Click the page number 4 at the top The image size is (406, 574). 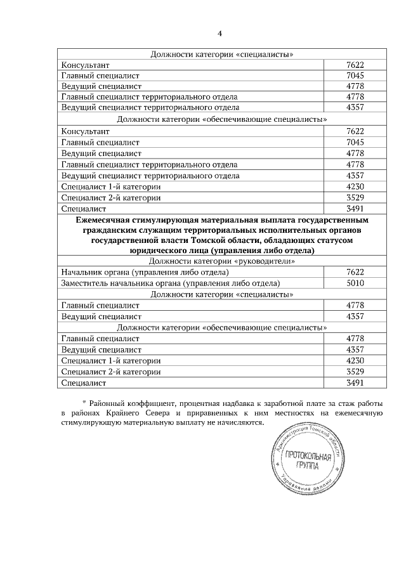point(220,34)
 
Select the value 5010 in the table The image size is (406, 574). point(355,283)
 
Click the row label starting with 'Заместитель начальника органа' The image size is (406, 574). point(170,283)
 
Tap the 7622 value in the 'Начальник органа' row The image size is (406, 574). point(355,271)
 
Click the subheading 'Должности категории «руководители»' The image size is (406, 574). point(221,261)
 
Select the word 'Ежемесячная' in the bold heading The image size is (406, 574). point(104,219)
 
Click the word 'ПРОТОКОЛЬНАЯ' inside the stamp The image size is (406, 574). point(310,458)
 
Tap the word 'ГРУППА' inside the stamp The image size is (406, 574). point(310,468)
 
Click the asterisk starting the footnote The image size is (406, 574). point(84,403)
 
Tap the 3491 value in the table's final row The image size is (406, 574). point(355,383)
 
